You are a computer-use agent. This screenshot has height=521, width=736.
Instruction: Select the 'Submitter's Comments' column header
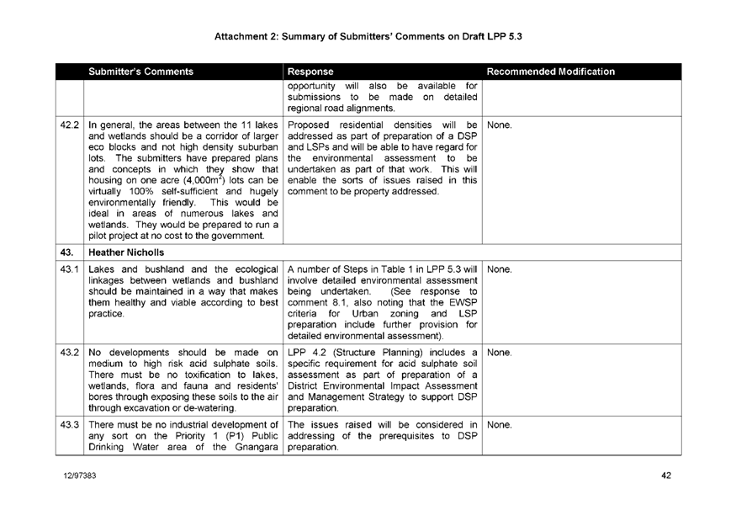pyautogui.click(x=141, y=72)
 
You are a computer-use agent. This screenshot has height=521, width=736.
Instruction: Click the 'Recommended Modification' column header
pyautogui.click(x=551, y=72)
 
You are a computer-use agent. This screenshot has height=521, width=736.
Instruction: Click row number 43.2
pyautogui.click(x=70, y=351)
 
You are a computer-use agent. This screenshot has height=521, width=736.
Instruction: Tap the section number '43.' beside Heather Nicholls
pyautogui.click(x=69, y=252)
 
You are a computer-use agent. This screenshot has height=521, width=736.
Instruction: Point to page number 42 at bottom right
pyautogui.click(x=665, y=476)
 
